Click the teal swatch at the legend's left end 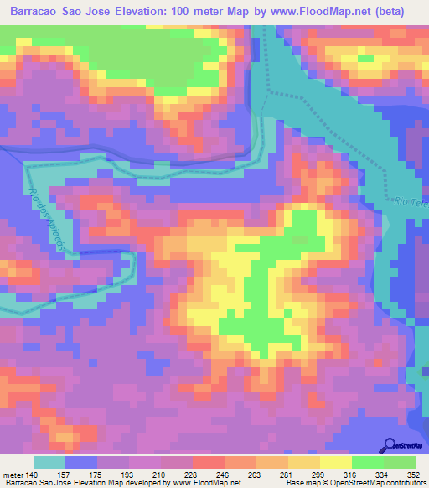coord(49,462)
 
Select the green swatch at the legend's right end coord(400,462)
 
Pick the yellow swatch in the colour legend coord(336,462)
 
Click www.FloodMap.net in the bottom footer coord(199,483)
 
